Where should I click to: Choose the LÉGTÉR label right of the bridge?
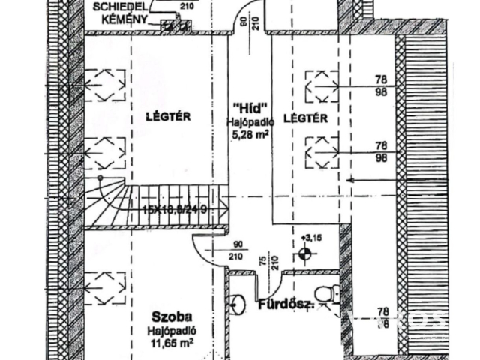[310, 118]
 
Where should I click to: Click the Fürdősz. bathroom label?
[286, 305]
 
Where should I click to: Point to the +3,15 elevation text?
[310, 238]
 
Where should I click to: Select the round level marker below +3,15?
[305, 253]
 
